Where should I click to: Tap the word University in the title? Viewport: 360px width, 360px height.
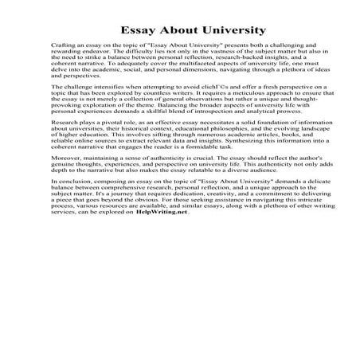point(231,30)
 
